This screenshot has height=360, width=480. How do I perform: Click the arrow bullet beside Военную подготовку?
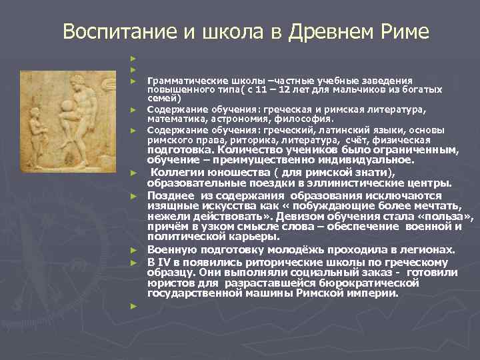pos(134,251)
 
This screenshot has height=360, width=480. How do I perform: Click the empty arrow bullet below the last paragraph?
pos(134,305)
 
